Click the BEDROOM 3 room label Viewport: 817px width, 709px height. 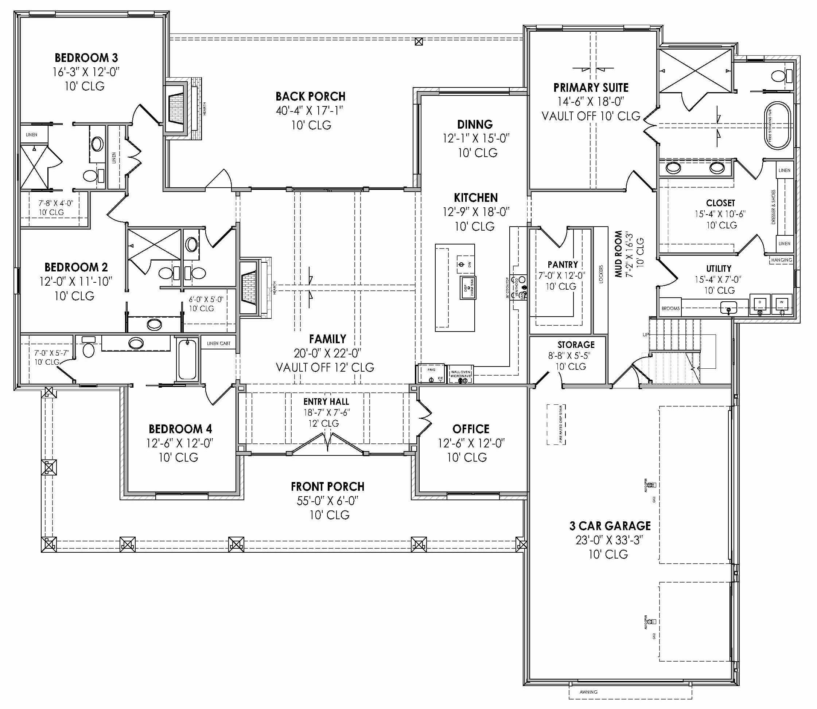(x=86, y=58)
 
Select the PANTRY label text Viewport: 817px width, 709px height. (x=563, y=264)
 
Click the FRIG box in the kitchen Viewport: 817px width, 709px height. (x=431, y=373)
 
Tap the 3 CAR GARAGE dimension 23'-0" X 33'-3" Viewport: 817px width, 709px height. (x=609, y=540)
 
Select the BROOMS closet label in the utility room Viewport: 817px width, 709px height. (x=670, y=308)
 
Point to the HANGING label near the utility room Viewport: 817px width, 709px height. (x=781, y=260)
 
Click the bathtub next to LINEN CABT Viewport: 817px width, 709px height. (x=187, y=360)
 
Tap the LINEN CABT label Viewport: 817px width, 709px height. (x=218, y=343)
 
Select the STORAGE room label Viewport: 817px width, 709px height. (x=576, y=345)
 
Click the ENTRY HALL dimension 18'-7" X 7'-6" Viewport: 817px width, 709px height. (x=327, y=412)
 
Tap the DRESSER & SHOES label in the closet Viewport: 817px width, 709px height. (x=774, y=207)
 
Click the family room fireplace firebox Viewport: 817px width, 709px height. (x=249, y=288)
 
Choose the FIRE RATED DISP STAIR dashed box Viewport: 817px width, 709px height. (x=556, y=424)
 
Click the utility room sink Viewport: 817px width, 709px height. (x=728, y=307)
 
